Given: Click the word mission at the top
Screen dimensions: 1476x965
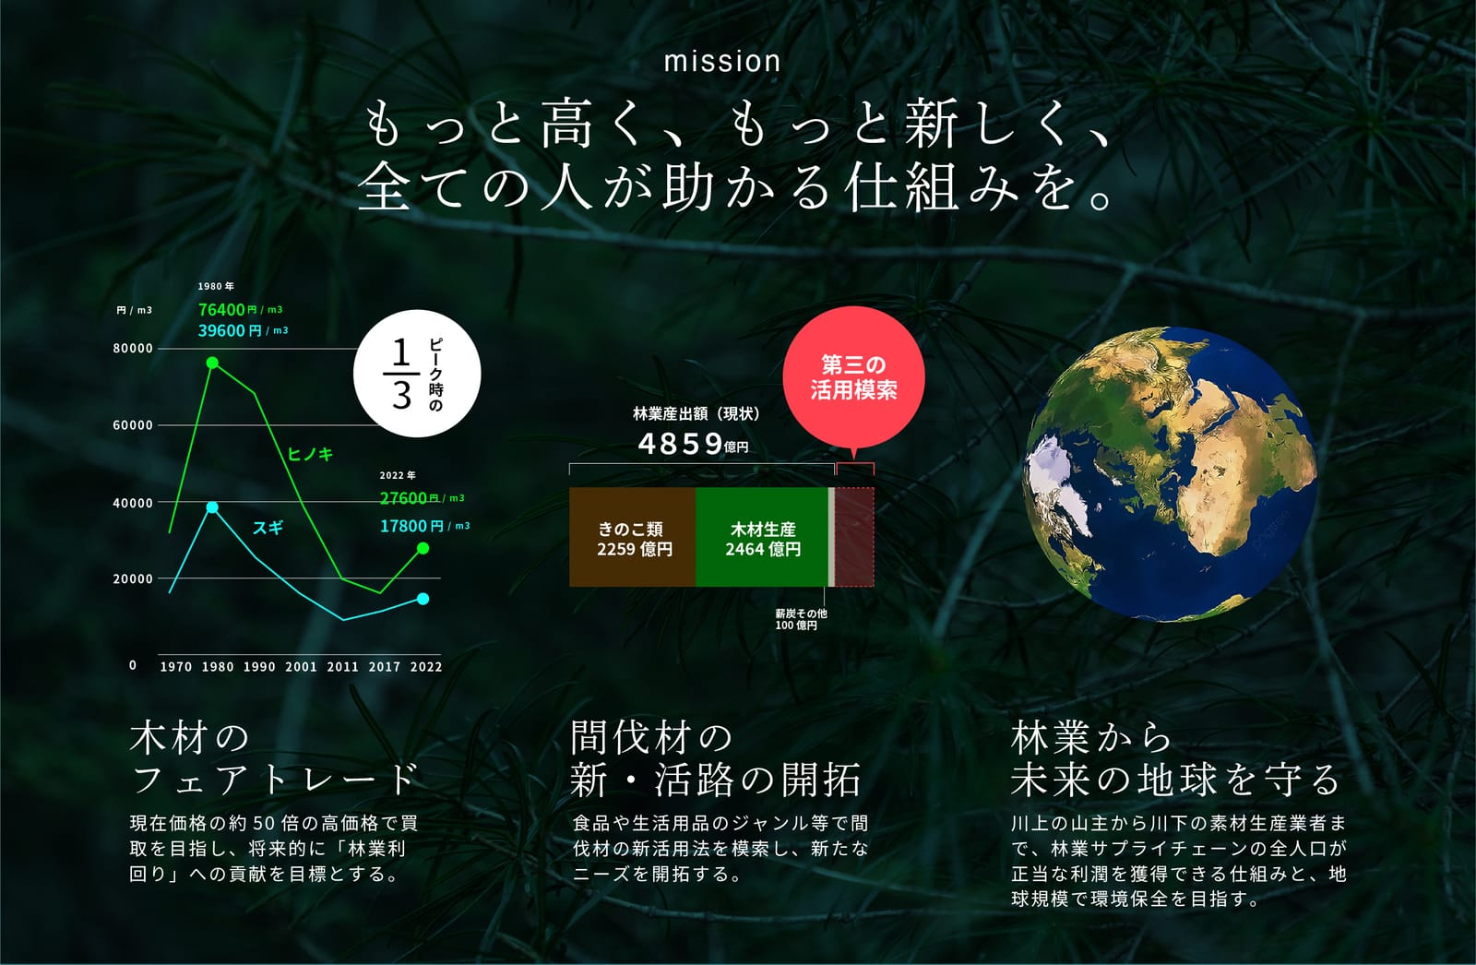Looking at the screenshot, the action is coord(722,61).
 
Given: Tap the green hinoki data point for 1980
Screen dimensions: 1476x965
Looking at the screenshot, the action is coord(212,363).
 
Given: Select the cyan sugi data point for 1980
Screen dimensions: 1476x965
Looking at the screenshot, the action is coord(212,506).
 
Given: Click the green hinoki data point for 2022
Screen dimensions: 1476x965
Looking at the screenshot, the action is coord(423,548).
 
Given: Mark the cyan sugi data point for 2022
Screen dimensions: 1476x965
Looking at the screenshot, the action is coord(423,599).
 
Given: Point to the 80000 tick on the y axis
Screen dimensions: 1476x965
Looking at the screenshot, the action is coord(133,349).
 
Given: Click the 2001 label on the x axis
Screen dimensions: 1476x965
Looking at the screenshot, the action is coord(301,666).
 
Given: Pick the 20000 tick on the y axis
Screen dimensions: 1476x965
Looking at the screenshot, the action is coord(133,578).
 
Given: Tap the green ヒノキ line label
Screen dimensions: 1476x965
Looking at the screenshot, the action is coord(310,454).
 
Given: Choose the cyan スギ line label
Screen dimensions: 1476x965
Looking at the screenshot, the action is coord(268,528).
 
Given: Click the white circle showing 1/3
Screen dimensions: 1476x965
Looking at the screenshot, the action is coord(417,374).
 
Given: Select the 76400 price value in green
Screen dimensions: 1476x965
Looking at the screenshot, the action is coord(222,310).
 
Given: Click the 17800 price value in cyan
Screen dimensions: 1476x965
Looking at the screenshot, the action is coord(402,526).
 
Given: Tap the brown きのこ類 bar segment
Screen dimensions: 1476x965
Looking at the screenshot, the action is coord(633,537).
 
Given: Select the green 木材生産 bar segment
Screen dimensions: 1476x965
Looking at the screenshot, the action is coord(762,537).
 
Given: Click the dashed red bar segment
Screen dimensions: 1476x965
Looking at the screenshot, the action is coord(854,537).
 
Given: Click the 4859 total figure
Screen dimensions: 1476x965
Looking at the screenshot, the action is coord(681,444).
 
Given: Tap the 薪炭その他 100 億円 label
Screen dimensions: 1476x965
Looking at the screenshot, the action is coord(800,619).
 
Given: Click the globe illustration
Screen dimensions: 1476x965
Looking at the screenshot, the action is coord(1170,474).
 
